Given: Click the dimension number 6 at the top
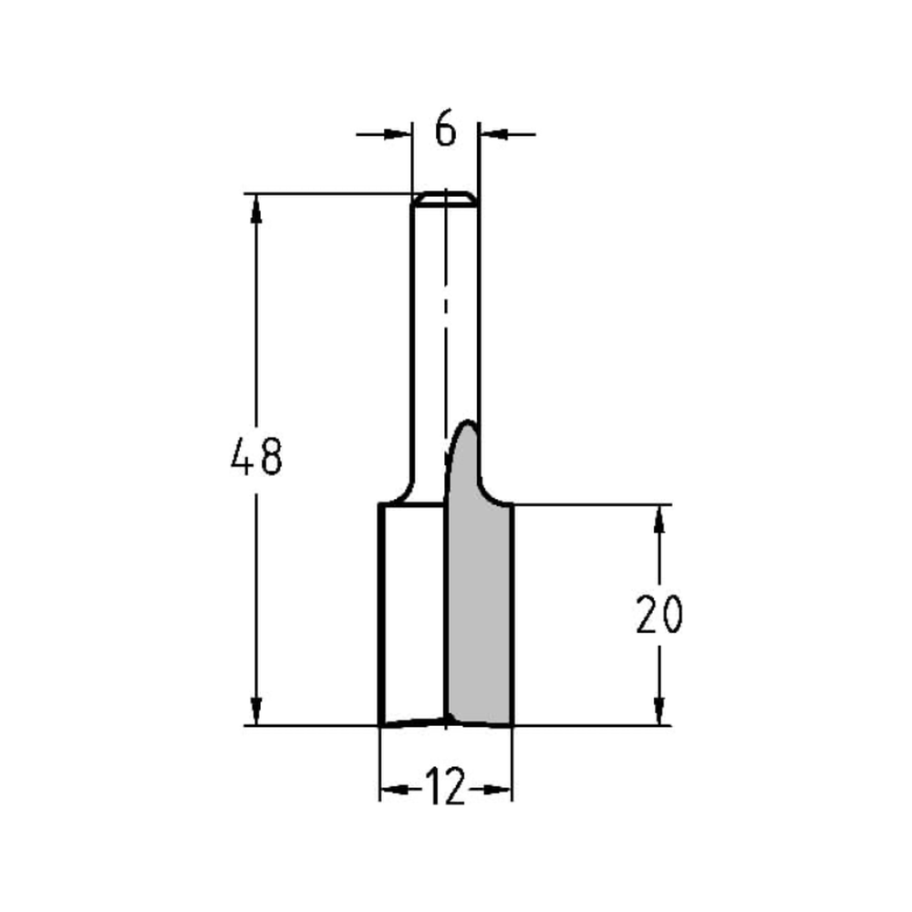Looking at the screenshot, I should point(445,130).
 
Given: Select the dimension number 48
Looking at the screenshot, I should point(256,458).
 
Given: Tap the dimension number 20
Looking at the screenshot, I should point(658,617).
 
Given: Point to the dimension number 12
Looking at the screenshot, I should point(445,788).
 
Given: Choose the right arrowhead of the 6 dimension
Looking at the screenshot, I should point(492,134).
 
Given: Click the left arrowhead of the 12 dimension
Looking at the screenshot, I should point(393,789).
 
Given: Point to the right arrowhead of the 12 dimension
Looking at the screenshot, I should point(498,789).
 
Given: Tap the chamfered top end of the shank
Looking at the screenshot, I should point(445,199).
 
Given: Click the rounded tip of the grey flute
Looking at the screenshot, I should point(469,425).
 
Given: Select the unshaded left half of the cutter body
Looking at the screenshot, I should point(412,611).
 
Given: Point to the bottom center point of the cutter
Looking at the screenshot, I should point(446,721).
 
